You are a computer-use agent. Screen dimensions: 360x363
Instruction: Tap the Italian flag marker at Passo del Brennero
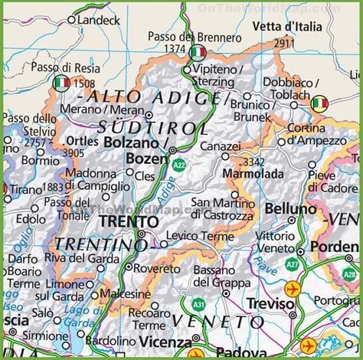(198, 52)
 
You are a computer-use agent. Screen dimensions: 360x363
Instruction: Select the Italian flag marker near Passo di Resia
(61, 83)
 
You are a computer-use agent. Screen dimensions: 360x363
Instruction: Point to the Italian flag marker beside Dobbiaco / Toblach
(319, 103)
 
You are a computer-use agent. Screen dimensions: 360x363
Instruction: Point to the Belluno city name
(290, 208)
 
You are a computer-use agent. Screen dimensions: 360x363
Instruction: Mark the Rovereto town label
(159, 269)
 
